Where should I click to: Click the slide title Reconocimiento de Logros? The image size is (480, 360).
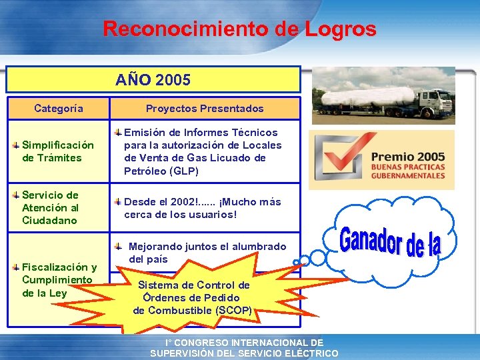pos(239,29)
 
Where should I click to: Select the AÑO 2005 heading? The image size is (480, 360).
pos(153,80)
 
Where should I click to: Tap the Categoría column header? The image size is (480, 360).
pos(59,108)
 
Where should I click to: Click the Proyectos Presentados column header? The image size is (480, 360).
pos(205,108)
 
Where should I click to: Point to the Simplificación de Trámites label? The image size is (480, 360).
pos(58,151)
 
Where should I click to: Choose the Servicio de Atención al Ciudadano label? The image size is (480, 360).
pos(51,207)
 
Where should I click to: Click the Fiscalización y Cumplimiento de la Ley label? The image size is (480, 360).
pos(59,280)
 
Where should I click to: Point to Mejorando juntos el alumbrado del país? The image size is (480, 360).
pos(207,253)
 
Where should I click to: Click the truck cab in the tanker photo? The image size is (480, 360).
pos(433,103)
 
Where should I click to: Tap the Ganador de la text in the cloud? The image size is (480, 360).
pos(391,241)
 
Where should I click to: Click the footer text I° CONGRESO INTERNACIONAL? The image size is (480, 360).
pos(244,343)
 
